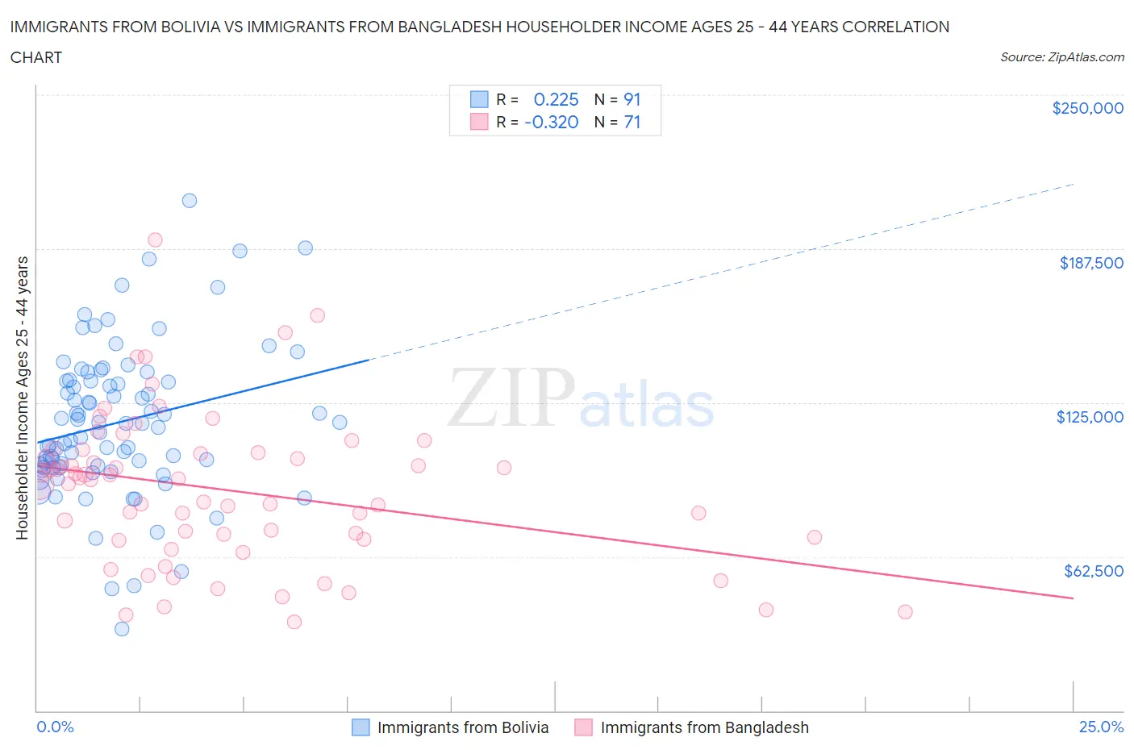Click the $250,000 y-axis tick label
pyautogui.click(x=1087, y=109)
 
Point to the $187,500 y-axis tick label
pyautogui.click(x=1090, y=263)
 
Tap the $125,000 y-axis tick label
pyautogui.click(x=1090, y=417)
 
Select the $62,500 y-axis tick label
pyautogui.click(x=1093, y=571)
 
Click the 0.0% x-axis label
pyautogui.click(x=55, y=727)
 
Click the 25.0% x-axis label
pyautogui.click(x=1101, y=727)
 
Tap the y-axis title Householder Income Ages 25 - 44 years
pyautogui.click(x=23, y=398)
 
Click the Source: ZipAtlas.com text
pyautogui.click(x=1061, y=57)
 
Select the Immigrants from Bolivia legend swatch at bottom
pyautogui.click(x=361, y=727)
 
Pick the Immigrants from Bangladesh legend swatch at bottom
pyautogui.click(x=583, y=727)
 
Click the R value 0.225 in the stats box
pyautogui.click(x=556, y=99)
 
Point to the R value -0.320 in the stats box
pyautogui.click(x=551, y=122)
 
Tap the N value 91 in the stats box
pyautogui.click(x=632, y=99)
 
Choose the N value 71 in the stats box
pyautogui.click(x=632, y=122)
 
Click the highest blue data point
pyautogui.click(x=190, y=201)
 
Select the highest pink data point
pyautogui.click(x=155, y=240)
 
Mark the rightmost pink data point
pyautogui.click(x=905, y=612)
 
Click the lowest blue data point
pyautogui.click(x=122, y=629)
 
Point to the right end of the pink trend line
pyautogui.click(x=1073, y=598)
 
